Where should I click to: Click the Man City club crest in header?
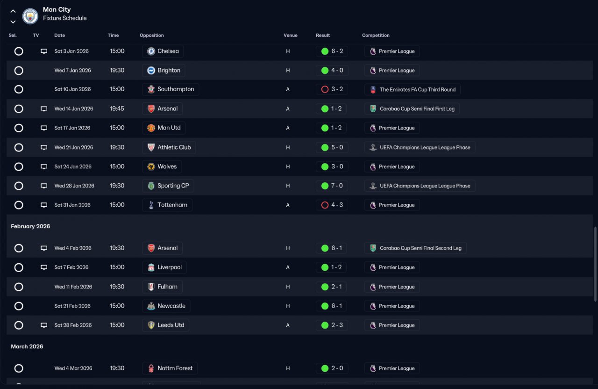coord(30,16)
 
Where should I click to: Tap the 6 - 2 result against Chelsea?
coord(332,51)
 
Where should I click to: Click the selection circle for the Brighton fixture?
coord(19,71)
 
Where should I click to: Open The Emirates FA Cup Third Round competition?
coord(413,89)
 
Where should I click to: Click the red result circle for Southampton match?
coord(325,89)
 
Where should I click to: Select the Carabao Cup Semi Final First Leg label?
coord(412,109)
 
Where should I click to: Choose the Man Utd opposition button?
coord(164,128)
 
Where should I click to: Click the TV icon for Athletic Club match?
coord(44,147)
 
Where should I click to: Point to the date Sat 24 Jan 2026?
coord(72,166)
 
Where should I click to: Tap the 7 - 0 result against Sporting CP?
coord(332,186)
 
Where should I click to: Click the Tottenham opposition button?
coord(167,205)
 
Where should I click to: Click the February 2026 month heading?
coord(30,226)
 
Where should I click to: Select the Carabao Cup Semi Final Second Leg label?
coord(415,248)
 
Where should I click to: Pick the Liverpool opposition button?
coord(164,267)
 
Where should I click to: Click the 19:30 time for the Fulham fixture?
coord(117,287)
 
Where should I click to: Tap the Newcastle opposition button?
coord(166,306)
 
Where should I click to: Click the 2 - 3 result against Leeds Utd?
coord(332,325)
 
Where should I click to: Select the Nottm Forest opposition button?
coord(170,368)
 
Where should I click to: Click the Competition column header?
coord(376,36)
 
